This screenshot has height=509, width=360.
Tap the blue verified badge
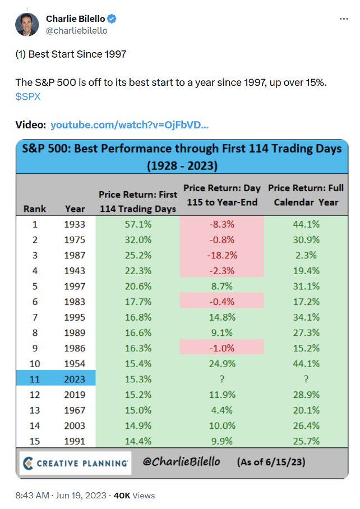coord(112,19)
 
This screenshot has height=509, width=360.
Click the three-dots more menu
coord(344,19)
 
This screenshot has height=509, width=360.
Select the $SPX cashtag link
coord(28,96)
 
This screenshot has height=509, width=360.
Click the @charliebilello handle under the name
coord(77,31)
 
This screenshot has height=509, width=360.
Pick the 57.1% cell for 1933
coord(137,224)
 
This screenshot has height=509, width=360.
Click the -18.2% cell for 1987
coord(221,254)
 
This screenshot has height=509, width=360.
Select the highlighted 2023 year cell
coord(75,379)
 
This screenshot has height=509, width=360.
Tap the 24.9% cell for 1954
coord(221,363)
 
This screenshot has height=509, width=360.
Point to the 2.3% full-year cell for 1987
coord(306,254)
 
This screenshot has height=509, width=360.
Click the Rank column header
coord(35,209)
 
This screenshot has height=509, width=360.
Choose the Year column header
coord(75,209)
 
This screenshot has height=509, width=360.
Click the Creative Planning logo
coord(75,463)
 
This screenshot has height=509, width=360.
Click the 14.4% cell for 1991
coord(137,441)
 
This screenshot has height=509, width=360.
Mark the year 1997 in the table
coord(75,286)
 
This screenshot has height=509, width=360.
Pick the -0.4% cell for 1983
coord(221,301)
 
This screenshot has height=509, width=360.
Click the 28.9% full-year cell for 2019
coord(306,394)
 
